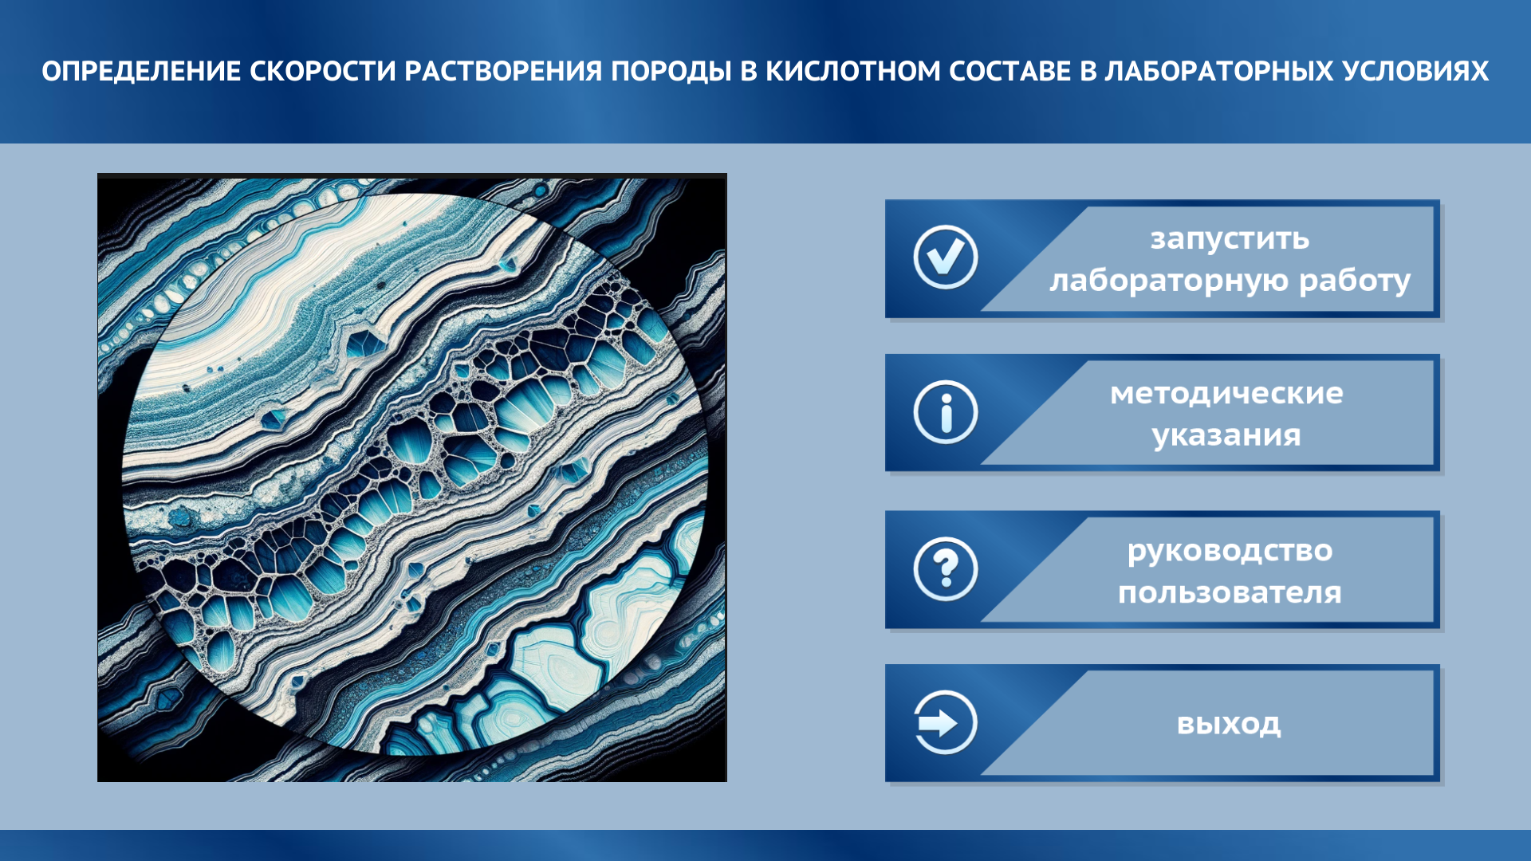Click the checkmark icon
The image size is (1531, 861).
coord(946,258)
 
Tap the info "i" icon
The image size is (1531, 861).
coord(946,413)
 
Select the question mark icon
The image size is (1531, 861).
coord(946,569)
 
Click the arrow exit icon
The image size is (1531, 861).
coord(946,723)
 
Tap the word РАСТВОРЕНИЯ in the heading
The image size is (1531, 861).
coord(503,72)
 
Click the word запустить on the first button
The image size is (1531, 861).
coord(1230,238)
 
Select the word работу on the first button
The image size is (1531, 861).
coord(1355,281)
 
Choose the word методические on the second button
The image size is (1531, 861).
coord(1226,393)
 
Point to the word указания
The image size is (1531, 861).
coord(1226,435)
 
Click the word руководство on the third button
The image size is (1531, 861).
coord(1230,551)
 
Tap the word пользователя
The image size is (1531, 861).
coord(1230,592)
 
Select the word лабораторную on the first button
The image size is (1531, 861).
coord(1169,281)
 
